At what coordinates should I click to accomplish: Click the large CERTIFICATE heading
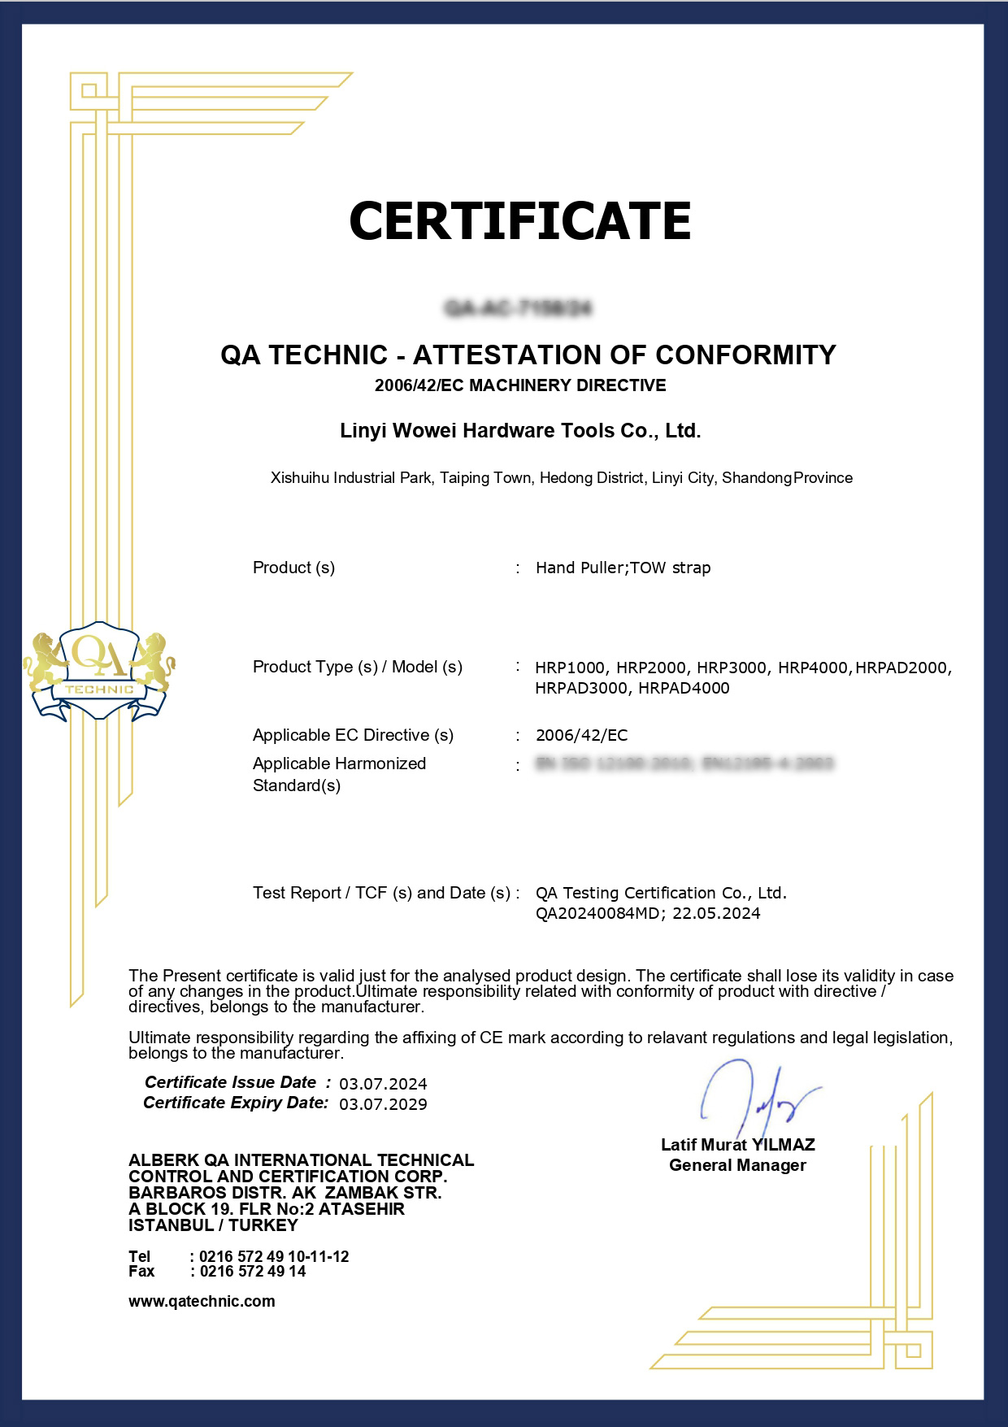pos(519,221)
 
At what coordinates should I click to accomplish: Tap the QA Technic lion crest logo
pos(99,672)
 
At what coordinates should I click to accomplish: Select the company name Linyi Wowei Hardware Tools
pos(520,430)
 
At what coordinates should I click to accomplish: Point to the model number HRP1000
pos(570,668)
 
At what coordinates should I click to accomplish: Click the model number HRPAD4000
pos(684,688)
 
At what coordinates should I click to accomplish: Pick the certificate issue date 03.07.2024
pos(383,1084)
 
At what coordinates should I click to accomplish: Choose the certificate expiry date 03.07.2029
pos(383,1104)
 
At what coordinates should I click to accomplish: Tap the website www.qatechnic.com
pos(202,1301)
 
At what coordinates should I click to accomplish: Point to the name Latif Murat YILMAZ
pos(737,1145)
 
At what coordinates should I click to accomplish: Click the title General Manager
pos(737,1165)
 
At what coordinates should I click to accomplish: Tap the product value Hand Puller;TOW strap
pos(623,568)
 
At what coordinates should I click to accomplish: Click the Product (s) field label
pos(293,568)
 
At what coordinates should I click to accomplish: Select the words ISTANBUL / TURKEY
pos(213,1225)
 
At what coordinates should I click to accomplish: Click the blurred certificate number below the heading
pos(519,307)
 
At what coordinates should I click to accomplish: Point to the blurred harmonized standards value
pos(684,764)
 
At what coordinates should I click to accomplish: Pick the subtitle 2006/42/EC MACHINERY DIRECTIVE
pos(520,385)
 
